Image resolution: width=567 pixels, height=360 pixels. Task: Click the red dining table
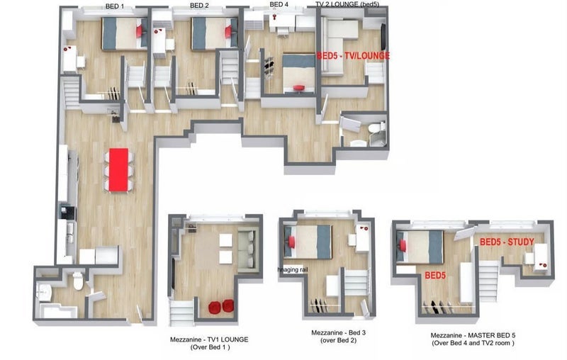118,169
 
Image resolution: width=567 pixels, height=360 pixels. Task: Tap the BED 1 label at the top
115,6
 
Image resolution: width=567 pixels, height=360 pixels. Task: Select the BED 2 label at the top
199,6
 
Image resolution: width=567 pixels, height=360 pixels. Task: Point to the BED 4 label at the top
279,4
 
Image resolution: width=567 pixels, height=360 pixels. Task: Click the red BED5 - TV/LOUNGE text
353,56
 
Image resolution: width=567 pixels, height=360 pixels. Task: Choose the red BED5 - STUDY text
507,242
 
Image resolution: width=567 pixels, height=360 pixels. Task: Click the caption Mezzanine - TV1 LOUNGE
209,339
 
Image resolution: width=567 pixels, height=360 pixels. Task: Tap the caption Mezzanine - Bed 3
339,332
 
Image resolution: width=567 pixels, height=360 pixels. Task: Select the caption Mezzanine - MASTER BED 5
473,335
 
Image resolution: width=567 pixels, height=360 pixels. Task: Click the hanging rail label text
293,269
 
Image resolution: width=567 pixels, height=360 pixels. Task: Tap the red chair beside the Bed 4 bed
299,88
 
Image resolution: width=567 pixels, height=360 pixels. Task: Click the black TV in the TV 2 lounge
383,36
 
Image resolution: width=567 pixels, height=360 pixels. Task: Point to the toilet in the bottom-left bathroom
78,281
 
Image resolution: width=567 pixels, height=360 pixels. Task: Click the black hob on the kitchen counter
68,213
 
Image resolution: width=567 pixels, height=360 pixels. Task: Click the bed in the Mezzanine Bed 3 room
308,242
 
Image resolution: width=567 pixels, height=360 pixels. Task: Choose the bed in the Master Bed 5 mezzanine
420,247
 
